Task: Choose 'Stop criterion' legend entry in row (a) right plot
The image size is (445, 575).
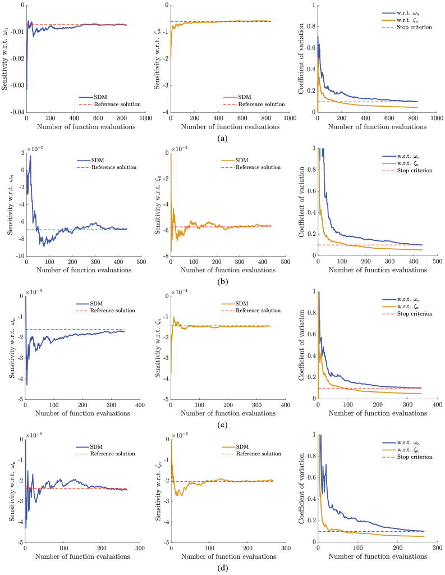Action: click(415, 27)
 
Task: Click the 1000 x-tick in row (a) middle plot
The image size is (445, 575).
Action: click(290, 119)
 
